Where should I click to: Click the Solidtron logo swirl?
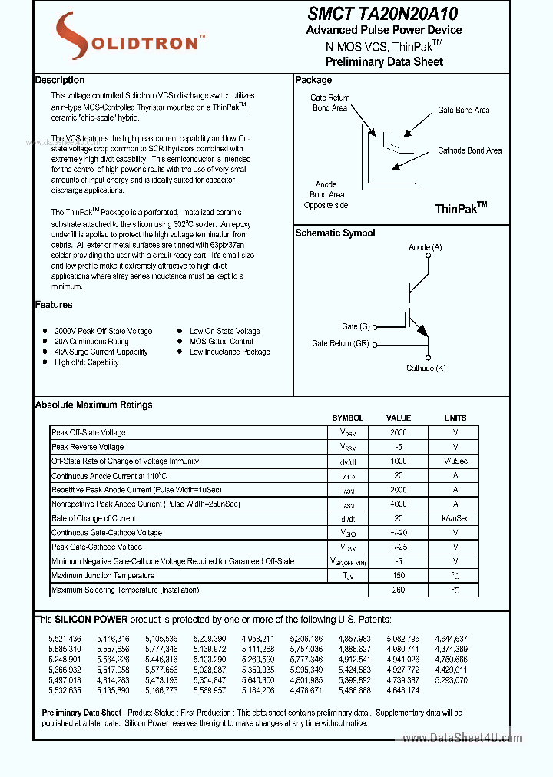click(x=74, y=37)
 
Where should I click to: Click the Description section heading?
click(x=60, y=80)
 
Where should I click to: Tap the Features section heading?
click(x=54, y=305)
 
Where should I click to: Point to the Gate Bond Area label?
click(x=463, y=111)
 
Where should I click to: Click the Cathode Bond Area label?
click(x=469, y=151)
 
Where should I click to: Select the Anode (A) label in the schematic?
click(x=425, y=247)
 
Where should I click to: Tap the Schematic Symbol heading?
click(x=335, y=233)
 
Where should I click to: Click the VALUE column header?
click(x=398, y=418)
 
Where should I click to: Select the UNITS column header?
click(x=455, y=418)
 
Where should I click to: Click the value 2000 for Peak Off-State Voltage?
click(x=398, y=433)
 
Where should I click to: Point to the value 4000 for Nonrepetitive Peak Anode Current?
click(x=398, y=504)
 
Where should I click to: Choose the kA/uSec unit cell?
click(x=455, y=519)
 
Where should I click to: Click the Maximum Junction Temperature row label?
click(x=103, y=576)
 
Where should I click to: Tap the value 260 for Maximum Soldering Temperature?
click(x=398, y=590)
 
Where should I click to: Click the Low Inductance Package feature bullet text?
click(x=230, y=352)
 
